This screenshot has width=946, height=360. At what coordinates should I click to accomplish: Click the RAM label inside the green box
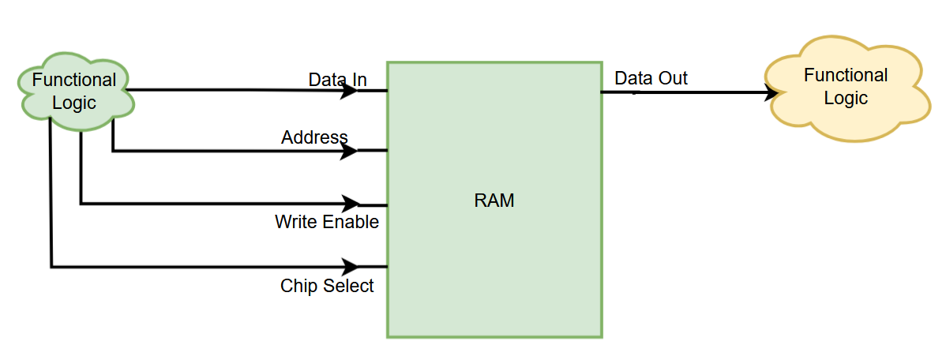pyautogui.click(x=494, y=201)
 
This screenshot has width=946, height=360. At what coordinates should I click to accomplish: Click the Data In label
pyautogui.click(x=337, y=80)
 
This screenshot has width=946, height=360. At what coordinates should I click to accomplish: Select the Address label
pyautogui.click(x=314, y=137)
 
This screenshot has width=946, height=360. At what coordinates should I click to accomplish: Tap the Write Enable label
pyautogui.click(x=326, y=222)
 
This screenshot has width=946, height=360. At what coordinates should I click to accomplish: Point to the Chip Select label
pyautogui.click(x=327, y=286)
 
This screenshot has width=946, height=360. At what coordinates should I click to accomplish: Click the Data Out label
pyautogui.click(x=651, y=78)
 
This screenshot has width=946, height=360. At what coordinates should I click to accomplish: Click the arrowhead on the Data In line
pyautogui.click(x=350, y=90)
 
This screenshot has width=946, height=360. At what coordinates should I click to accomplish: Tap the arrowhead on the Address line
pyautogui.click(x=350, y=150)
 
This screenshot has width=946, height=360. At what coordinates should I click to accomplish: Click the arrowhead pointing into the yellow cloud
pyautogui.click(x=771, y=93)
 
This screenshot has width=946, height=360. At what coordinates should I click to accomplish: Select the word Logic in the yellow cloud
pyautogui.click(x=846, y=98)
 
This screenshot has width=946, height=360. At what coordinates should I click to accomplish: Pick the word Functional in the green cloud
pyautogui.click(x=74, y=80)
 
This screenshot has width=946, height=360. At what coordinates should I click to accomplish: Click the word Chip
pyautogui.click(x=296, y=286)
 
